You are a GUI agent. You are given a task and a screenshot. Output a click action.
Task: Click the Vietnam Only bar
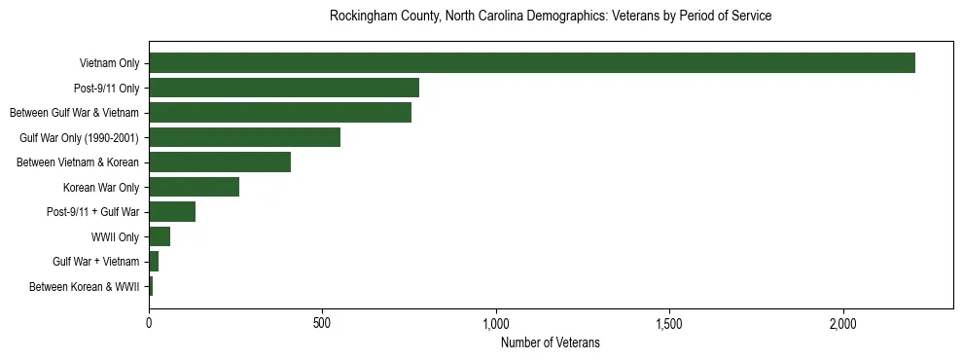pos(532,63)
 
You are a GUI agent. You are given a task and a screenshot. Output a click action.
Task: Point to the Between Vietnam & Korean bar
pos(220,162)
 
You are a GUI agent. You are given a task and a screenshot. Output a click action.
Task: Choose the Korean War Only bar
pos(194,187)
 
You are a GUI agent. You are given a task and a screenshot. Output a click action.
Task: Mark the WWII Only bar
pos(160,236)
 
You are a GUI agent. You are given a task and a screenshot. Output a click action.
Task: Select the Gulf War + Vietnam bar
pos(154,262)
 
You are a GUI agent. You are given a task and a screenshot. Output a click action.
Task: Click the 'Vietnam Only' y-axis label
pos(110,64)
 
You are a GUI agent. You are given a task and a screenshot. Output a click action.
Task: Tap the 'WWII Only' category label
pos(116,237)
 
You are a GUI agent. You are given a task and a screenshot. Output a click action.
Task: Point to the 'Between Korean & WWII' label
pos(85,287)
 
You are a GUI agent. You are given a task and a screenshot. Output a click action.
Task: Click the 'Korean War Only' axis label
pos(101,188)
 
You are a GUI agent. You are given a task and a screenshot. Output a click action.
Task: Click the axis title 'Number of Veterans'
pos(551,343)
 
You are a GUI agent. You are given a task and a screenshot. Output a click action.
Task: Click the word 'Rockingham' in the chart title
pos(362,17)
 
